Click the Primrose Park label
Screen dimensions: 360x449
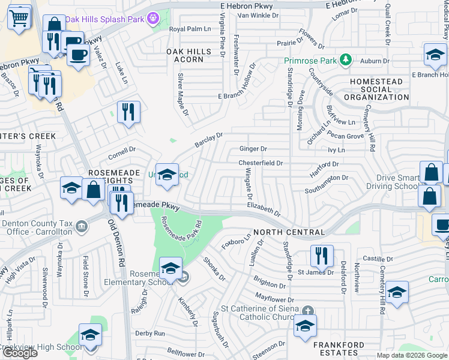point(310,60)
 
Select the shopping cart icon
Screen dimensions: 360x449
point(19,17)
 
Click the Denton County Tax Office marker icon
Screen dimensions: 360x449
point(81,226)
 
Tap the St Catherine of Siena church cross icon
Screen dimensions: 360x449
point(307,310)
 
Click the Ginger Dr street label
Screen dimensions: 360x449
point(253,148)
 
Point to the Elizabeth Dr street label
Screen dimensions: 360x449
point(264,208)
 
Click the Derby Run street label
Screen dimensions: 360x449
point(150,333)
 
